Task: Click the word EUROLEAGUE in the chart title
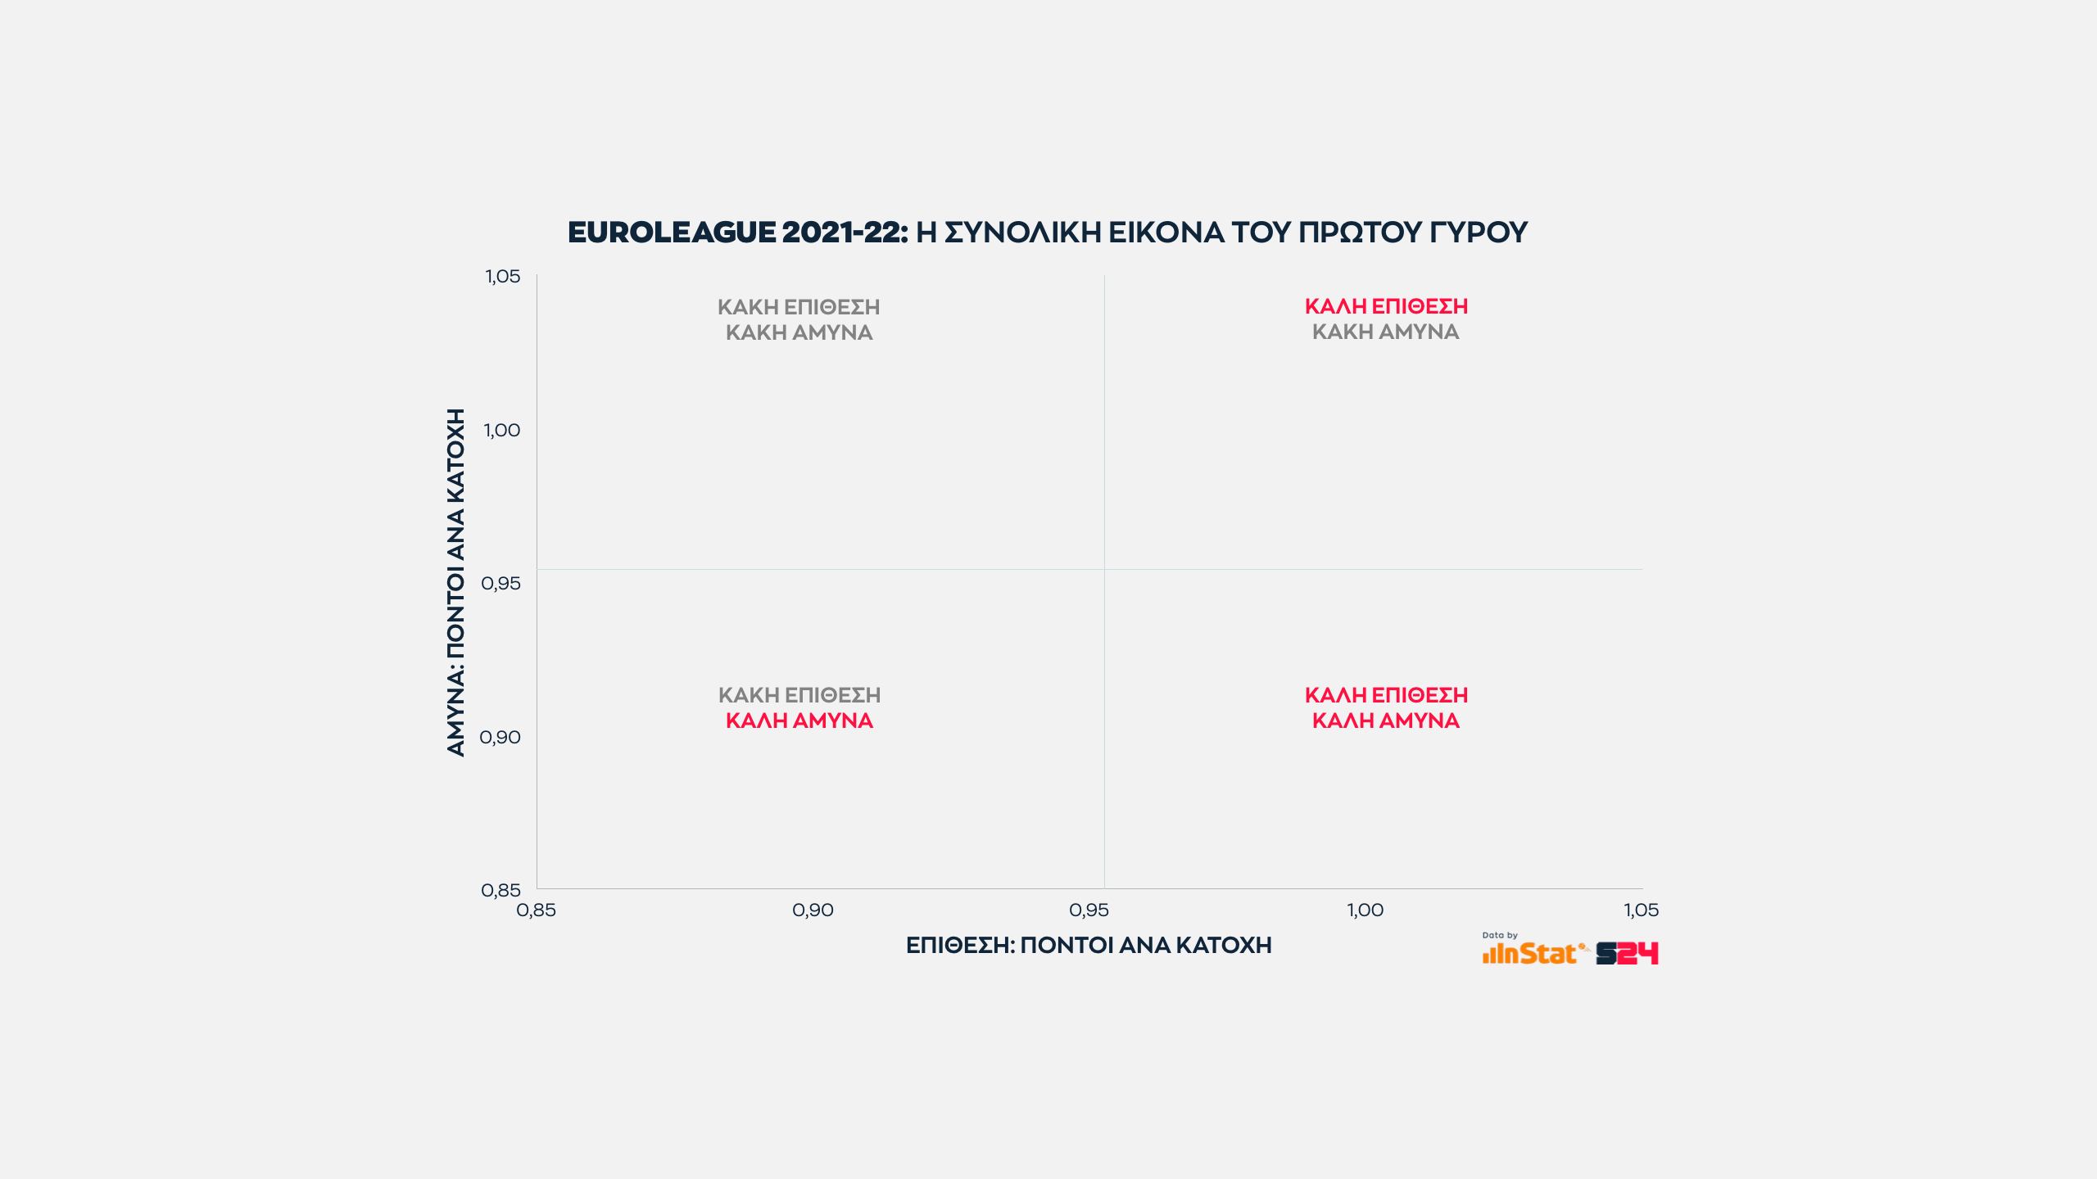click(x=671, y=233)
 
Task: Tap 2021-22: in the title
click(x=845, y=233)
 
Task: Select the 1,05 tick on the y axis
click(x=502, y=277)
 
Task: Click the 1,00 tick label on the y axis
click(x=501, y=431)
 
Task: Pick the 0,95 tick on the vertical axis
click(x=500, y=584)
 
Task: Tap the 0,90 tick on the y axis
click(x=500, y=738)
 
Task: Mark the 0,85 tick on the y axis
click(x=500, y=890)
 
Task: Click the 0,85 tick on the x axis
click(x=536, y=910)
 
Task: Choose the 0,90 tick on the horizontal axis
click(x=813, y=910)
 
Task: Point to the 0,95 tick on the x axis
click(x=1089, y=910)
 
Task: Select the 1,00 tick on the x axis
click(x=1365, y=910)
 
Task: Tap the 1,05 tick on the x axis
click(x=1641, y=910)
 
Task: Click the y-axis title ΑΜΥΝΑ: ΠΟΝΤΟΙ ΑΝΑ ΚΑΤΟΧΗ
click(x=455, y=582)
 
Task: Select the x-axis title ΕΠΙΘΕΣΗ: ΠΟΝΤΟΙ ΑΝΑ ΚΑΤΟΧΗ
click(x=1089, y=946)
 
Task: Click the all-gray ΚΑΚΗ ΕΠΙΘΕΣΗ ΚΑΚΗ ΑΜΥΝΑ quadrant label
click(x=799, y=320)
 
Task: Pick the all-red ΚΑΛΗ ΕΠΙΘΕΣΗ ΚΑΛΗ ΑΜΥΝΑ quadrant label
click(x=1386, y=708)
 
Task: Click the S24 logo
click(x=1627, y=954)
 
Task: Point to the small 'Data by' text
click(x=1500, y=935)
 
